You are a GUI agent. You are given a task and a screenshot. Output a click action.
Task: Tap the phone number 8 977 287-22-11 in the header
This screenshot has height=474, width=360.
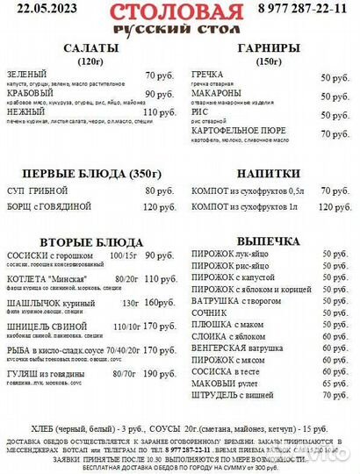click(x=308, y=10)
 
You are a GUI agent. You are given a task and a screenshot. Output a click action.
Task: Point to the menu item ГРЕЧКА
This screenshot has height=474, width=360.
click(x=207, y=76)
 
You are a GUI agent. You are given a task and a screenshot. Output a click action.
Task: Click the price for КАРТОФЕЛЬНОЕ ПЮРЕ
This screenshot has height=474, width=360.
click(x=335, y=134)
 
